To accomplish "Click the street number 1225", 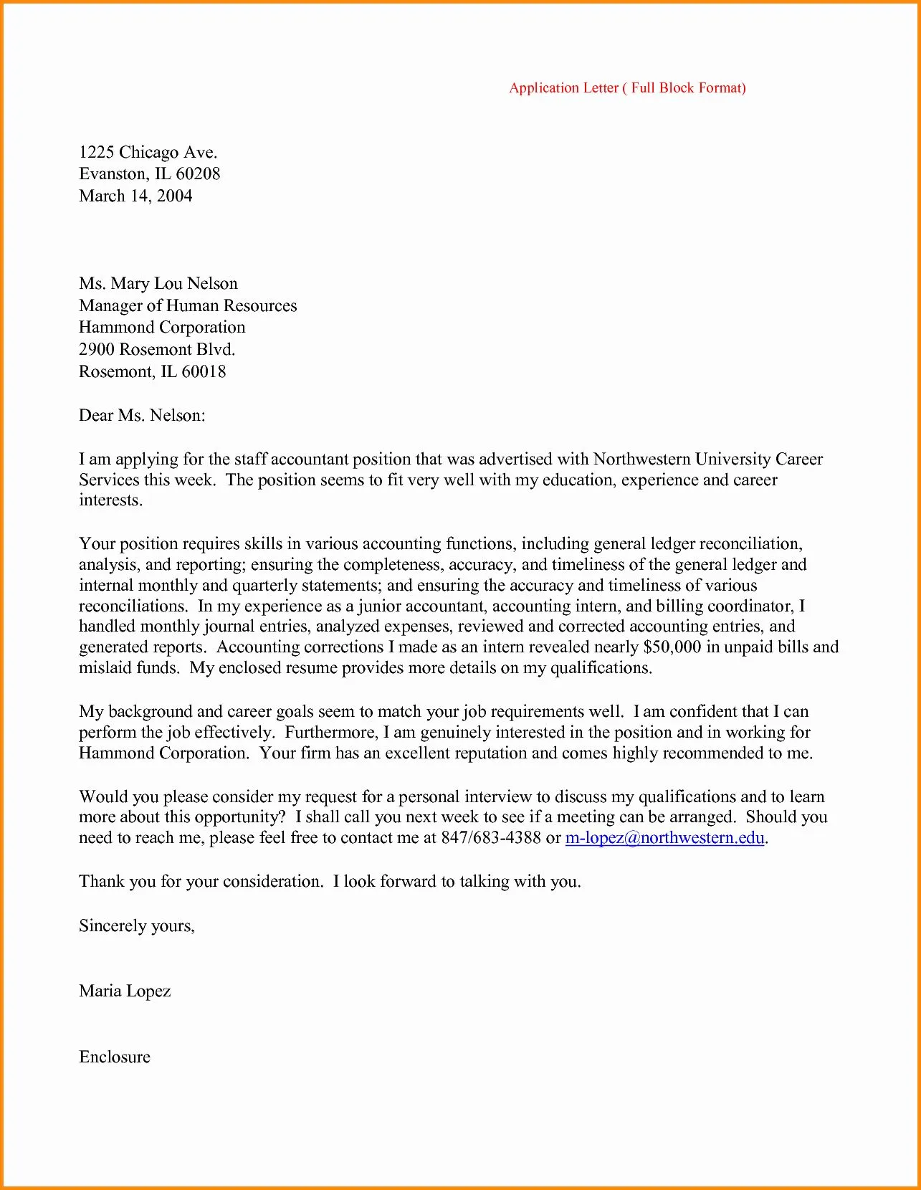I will point(96,153).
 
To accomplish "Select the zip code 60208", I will point(198,174).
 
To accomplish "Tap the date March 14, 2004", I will point(135,196).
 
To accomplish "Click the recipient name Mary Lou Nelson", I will point(174,284).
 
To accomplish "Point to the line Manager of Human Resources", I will point(187,306).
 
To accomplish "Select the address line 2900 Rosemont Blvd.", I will point(156,350).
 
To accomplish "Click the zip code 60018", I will point(204,372).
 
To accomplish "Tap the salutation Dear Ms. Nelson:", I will point(142,416).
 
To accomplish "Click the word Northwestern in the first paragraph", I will point(641,460).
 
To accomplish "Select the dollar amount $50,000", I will point(672,647).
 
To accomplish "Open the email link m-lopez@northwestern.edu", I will point(664,838).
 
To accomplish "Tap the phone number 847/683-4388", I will point(490,838).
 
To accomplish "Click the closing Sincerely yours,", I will point(136,926).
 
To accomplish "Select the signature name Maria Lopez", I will point(125,991).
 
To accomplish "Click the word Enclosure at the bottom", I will point(115,1057).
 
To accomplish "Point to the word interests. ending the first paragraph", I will point(110,500).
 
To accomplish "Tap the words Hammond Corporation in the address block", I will point(162,328).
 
